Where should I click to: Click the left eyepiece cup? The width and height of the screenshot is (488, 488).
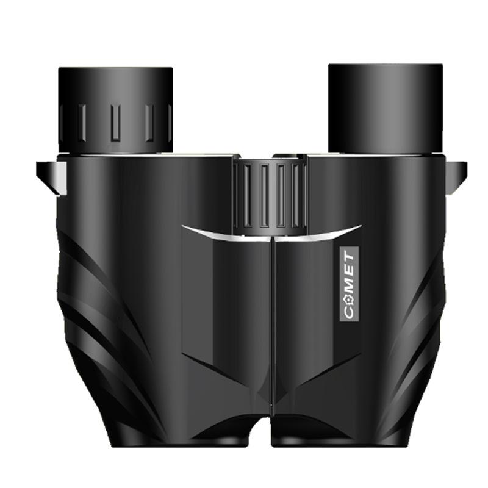click(115, 110)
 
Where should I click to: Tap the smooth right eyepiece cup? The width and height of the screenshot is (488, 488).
click(386, 109)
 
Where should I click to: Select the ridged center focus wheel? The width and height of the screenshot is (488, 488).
click(270, 196)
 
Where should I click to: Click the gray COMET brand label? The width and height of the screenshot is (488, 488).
click(349, 283)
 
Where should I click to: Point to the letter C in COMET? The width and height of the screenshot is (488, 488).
click(349, 313)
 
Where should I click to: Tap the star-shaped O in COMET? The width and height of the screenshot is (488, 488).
click(349, 300)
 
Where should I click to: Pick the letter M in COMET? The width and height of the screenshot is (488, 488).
click(349, 285)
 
